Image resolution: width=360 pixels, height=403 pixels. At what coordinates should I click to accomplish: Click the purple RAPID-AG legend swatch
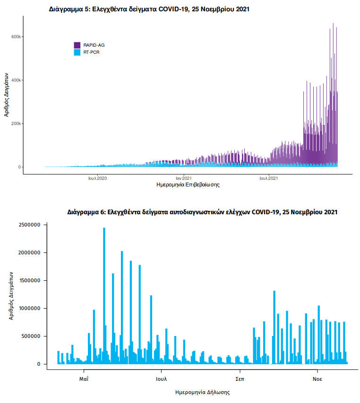tap(77, 45)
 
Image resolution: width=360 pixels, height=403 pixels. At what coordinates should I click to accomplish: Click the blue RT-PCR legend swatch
tap(77, 52)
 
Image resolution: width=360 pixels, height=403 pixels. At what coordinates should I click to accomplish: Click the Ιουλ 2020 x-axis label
tap(98, 178)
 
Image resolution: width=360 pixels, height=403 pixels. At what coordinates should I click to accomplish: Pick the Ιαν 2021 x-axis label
tap(183, 178)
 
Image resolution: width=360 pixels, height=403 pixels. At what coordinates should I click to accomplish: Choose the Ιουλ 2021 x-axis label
tap(268, 178)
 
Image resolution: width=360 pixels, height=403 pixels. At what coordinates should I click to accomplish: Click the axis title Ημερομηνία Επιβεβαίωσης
tap(188, 185)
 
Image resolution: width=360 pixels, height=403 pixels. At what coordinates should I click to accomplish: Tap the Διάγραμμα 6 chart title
tap(202, 212)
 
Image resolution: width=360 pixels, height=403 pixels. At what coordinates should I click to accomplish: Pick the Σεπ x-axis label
tap(240, 378)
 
